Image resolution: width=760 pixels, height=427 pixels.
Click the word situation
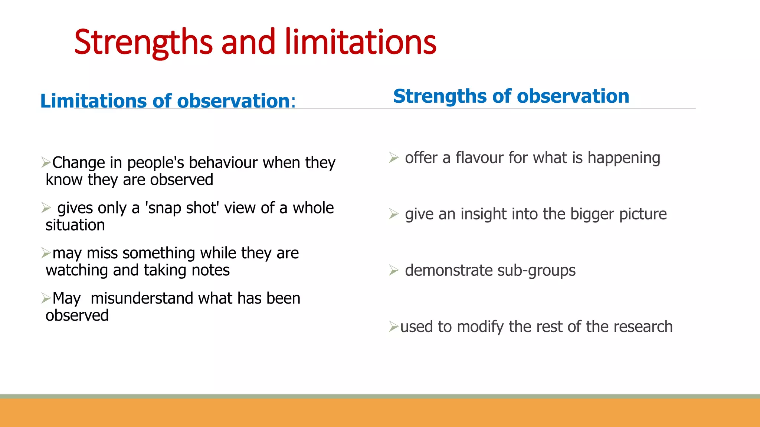point(75,225)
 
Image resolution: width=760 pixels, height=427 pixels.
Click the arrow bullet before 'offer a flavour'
point(394,158)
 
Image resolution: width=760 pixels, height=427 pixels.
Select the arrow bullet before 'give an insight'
point(394,214)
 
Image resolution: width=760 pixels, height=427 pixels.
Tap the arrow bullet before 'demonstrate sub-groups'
point(394,270)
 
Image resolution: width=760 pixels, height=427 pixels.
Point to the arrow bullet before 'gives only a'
point(46,208)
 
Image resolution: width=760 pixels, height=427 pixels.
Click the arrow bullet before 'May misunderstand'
point(46,298)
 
